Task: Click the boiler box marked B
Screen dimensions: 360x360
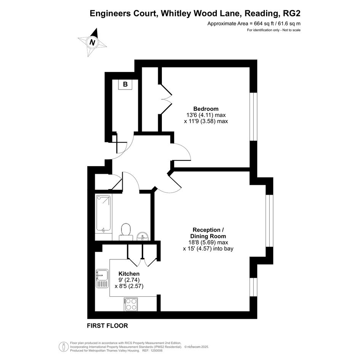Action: [x=125, y=84]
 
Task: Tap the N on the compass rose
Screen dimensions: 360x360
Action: [x=92, y=42]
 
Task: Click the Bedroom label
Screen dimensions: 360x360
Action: [x=206, y=109]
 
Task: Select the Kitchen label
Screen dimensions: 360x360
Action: [x=129, y=274]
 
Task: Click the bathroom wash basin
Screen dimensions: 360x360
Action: [x=142, y=236]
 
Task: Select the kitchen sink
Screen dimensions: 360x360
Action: [x=102, y=278]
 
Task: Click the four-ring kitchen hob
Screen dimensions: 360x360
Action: [x=131, y=304]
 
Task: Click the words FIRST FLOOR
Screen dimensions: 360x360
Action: [x=107, y=326]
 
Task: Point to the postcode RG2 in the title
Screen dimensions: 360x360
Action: [x=292, y=13]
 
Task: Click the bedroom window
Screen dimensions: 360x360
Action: [x=253, y=117]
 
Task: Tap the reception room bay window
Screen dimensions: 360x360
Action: [x=270, y=221]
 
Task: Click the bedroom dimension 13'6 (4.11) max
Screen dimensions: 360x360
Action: [x=206, y=115]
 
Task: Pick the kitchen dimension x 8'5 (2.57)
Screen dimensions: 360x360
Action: [x=129, y=286]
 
